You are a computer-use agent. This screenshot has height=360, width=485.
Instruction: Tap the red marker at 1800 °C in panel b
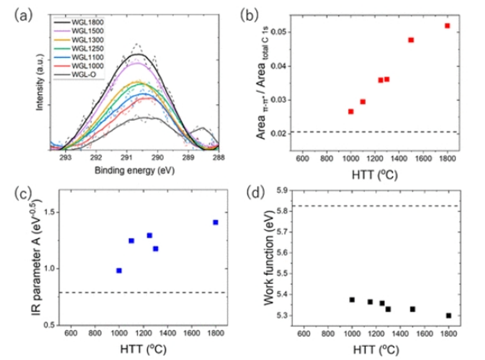pos(447,26)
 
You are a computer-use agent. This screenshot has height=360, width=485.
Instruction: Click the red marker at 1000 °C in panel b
pos(351,111)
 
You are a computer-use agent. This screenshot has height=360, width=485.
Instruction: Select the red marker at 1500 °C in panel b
pos(411,40)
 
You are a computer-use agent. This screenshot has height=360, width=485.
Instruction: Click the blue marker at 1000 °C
pos(119,270)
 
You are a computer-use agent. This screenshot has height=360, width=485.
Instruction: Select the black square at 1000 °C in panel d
pos(352,300)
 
